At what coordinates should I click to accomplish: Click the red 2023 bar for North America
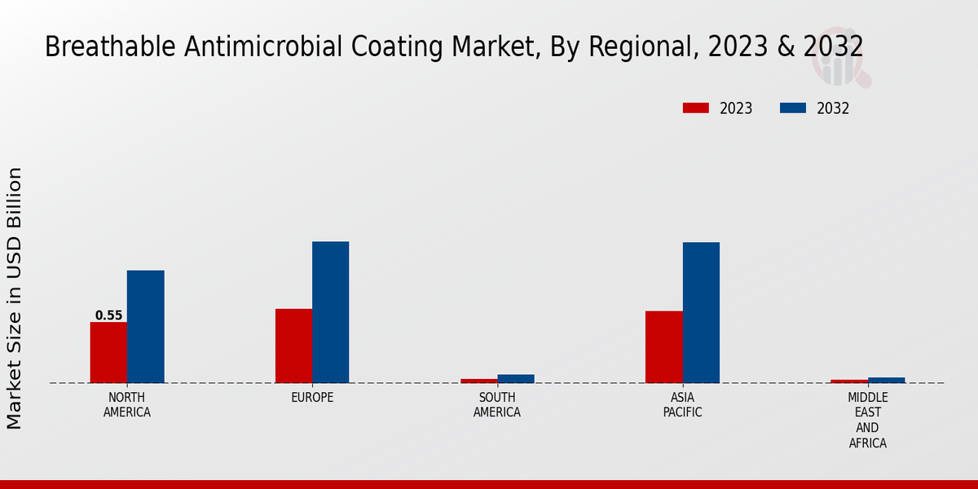point(108,352)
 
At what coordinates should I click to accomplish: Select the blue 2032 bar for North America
point(145,326)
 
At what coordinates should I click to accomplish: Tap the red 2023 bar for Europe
point(293,346)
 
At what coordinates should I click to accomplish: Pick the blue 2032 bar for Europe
point(330,312)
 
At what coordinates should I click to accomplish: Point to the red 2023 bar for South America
point(478,381)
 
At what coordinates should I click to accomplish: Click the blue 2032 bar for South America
point(516,378)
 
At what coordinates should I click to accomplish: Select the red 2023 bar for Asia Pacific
point(663,346)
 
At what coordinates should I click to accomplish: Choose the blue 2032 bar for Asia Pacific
point(701,312)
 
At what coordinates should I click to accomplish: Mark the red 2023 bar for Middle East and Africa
point(849,381)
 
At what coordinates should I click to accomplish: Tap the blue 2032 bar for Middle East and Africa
point(886,380)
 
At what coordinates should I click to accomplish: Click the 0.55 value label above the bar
point(108,315)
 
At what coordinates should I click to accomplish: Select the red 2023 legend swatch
point(696,108)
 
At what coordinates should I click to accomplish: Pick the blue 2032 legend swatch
point(793,108)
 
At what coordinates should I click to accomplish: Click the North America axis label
point(127,405)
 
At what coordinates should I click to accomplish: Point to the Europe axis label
point(312,398)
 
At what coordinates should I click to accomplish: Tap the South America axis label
point(497,405)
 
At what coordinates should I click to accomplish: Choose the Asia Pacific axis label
point(682,405)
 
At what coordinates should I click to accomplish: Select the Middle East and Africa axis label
point(867,420)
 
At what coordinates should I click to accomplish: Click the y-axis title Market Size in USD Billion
point(15,297)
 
